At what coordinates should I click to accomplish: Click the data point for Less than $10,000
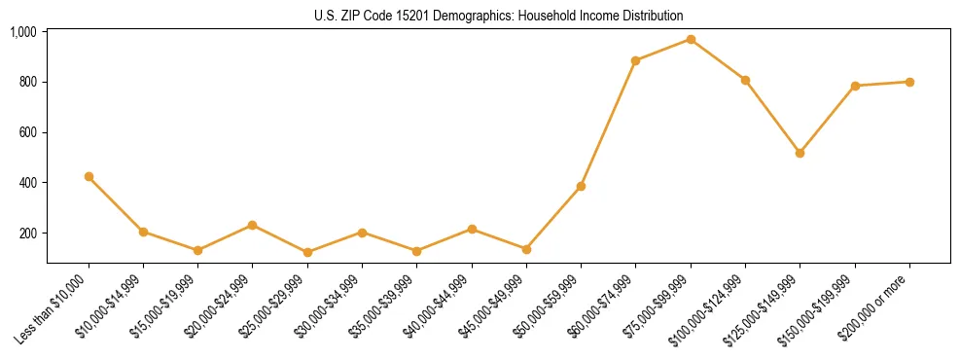[89, 176]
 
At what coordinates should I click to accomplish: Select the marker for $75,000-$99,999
[691, 39]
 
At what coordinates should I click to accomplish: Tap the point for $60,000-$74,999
[635, 60]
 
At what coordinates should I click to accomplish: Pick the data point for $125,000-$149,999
[800, 153]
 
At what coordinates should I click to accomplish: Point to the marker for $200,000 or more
[909, 82]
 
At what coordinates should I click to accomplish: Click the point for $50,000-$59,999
[581, 186]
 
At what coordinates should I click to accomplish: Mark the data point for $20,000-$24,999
[253, 225]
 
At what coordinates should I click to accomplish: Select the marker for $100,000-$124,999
[745, 80]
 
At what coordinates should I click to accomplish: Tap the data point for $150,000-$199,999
[855, 86]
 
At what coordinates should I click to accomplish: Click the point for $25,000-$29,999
[307, 252]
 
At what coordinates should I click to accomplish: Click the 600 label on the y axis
[27, 132]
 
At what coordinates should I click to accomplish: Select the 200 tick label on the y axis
[27, 234]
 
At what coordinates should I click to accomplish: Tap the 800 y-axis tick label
[27, 82]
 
